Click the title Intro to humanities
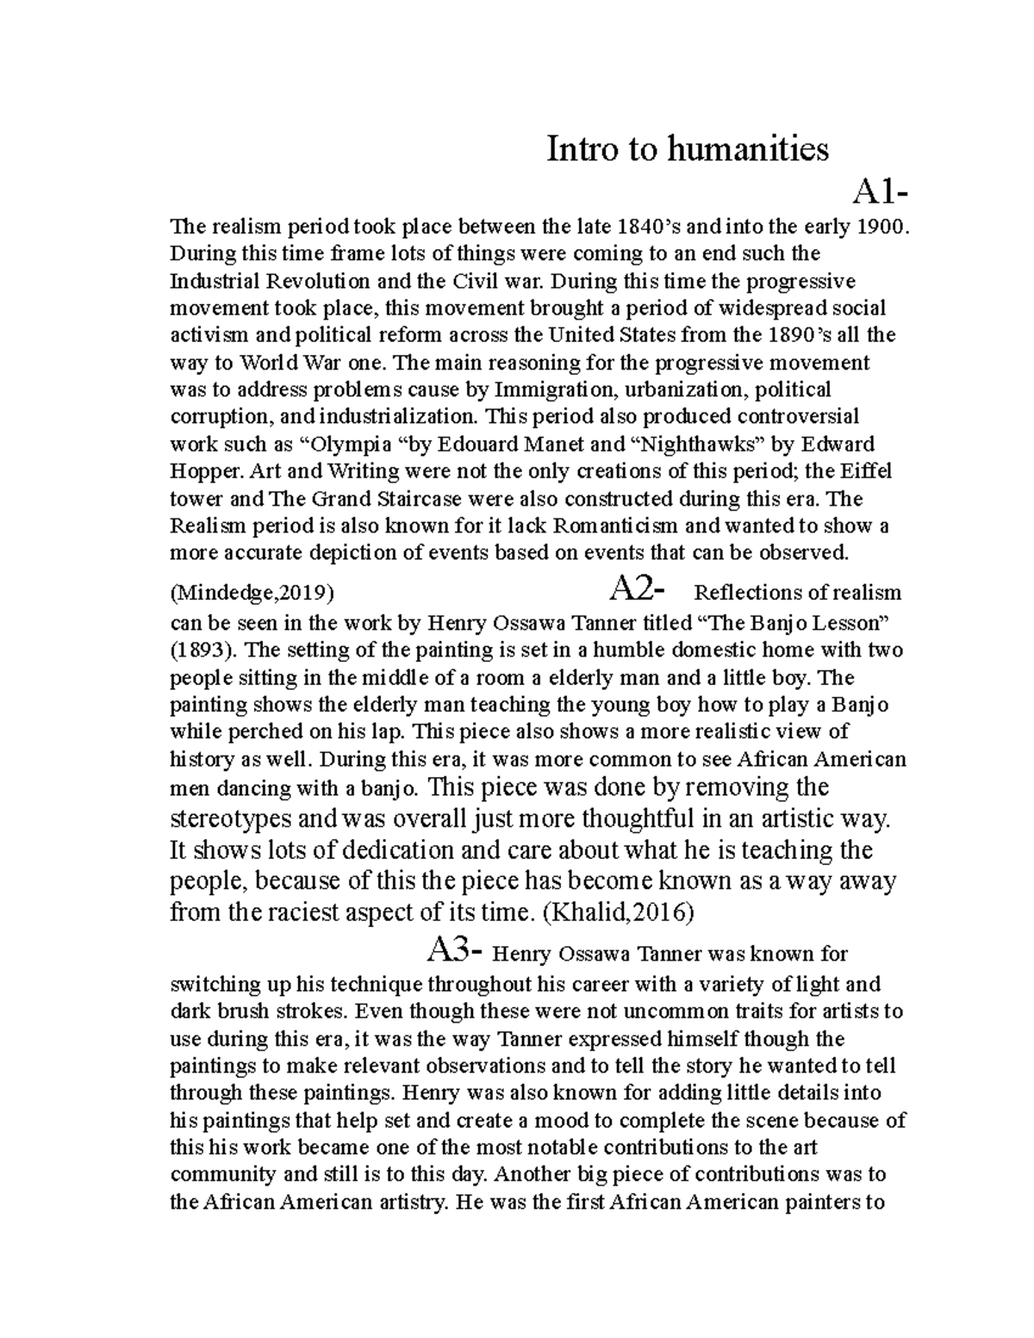(688, 150)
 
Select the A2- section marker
(636, 590)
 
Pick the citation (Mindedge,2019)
(252, 594)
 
